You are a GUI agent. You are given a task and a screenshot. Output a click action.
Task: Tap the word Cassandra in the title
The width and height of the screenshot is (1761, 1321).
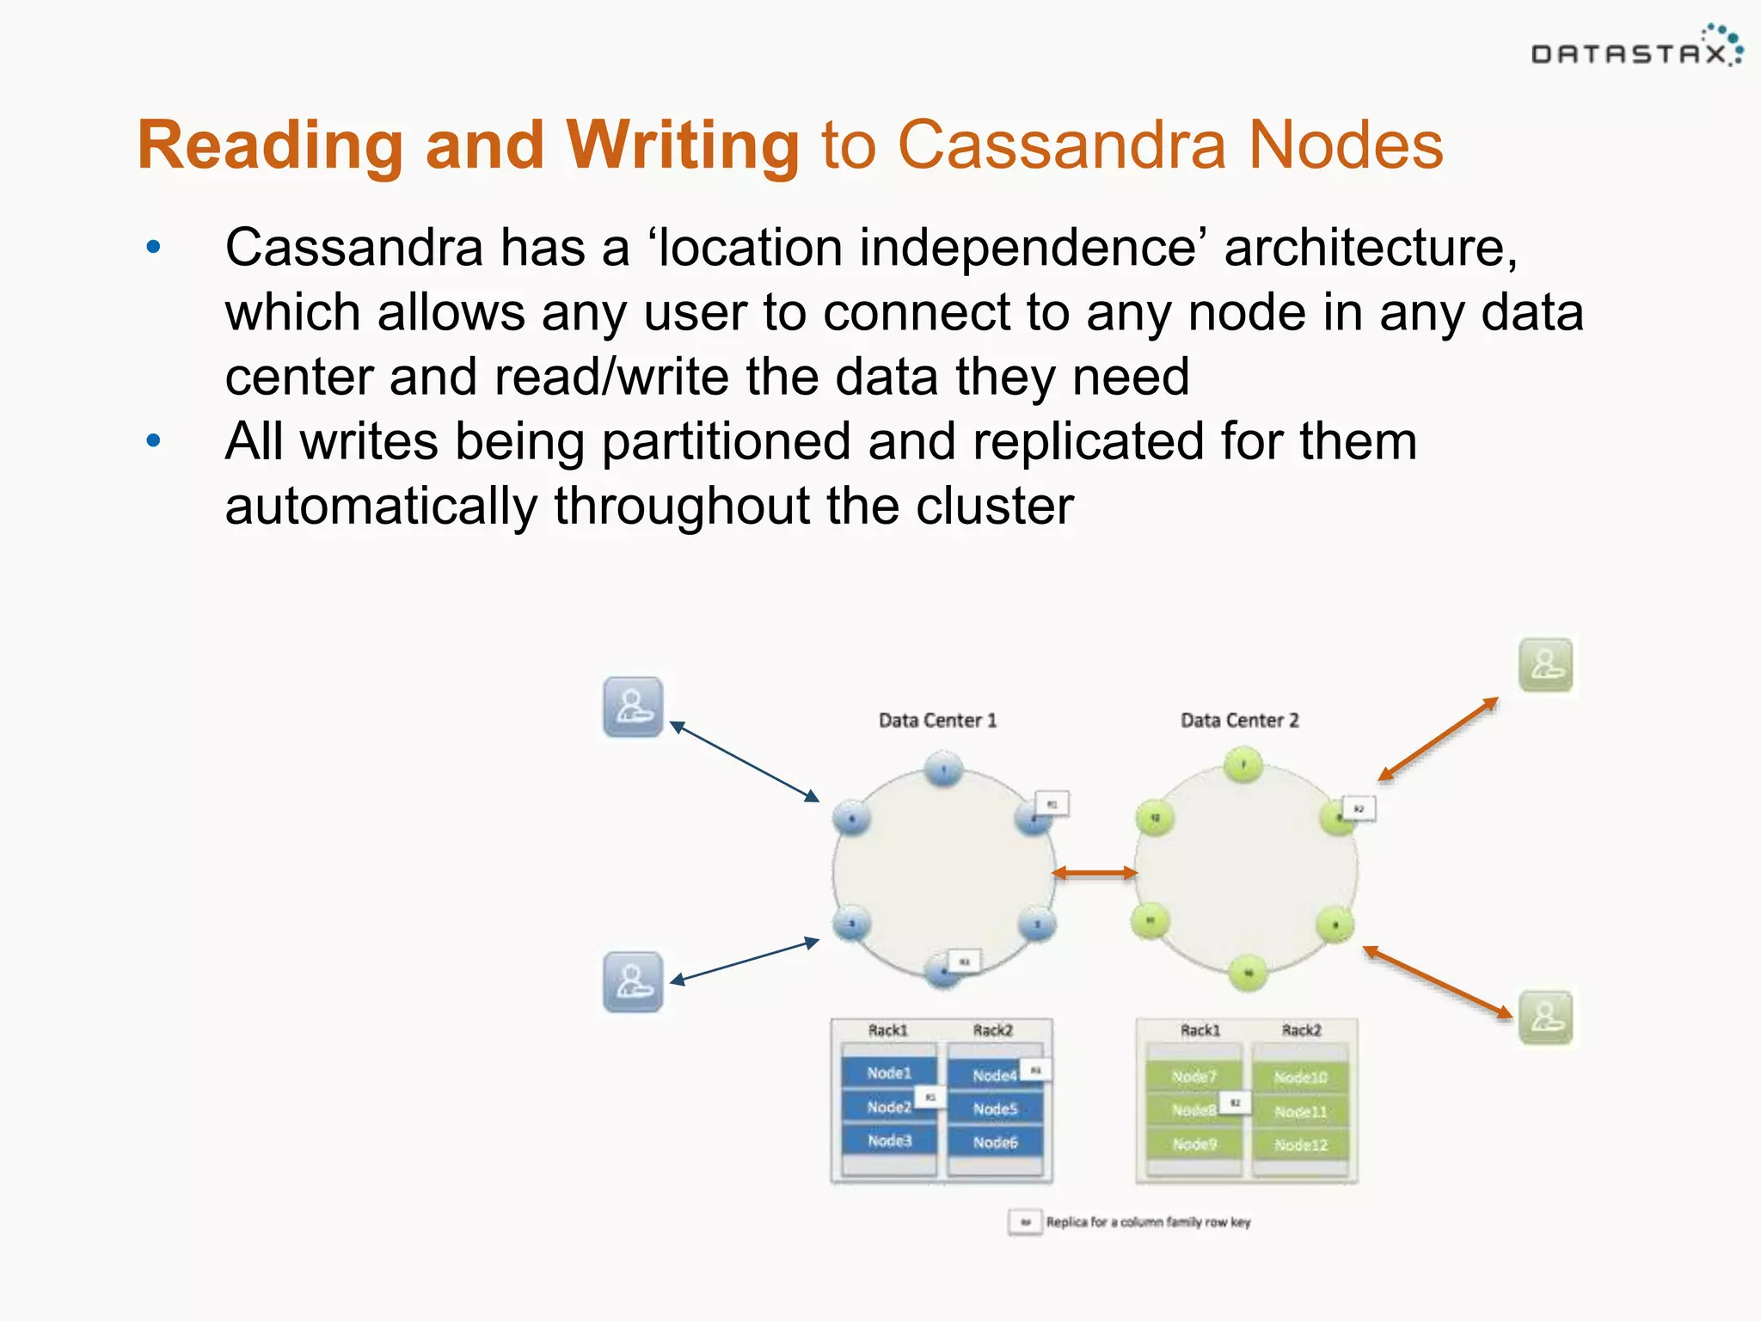tap(1061, 145)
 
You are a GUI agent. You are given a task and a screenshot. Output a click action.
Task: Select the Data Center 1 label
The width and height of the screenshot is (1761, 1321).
tap(937, 721)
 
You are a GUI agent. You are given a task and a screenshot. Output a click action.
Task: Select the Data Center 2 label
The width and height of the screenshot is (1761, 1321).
tap(1239, 721)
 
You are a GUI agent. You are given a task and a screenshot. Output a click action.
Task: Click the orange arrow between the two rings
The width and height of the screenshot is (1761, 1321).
tap(1095, 873)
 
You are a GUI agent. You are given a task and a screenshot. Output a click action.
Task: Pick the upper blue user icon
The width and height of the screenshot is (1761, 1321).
tap(633, 707)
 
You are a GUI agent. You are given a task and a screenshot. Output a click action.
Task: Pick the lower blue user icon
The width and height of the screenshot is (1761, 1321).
tap(633, 981)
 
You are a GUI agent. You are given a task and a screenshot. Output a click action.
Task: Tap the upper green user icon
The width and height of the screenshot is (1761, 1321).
tap(1545, 665)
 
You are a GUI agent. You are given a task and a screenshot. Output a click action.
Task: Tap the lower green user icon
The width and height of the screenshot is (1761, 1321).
tap(1545, 1017)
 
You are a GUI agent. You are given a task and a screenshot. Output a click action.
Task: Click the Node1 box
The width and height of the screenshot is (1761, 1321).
tap(888, 1072)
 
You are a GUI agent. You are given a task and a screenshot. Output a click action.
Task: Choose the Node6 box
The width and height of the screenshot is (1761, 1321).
tap(995, 1142)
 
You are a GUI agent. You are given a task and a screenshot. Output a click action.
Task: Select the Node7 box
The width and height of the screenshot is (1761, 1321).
tap(1193, 1077)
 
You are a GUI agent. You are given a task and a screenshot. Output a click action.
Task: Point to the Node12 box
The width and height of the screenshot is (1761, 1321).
tap(1300, 1145)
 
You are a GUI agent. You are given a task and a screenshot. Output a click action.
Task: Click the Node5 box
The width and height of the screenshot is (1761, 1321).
tap(995, 1109)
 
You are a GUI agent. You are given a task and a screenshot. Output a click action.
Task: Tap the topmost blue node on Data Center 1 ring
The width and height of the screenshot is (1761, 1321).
tap(944, 769)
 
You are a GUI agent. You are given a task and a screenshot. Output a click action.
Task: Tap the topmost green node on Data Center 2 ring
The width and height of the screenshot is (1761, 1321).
tap(1243, 765)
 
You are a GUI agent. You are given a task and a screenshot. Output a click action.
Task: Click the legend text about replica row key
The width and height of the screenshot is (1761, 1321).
tap(1148, 1222)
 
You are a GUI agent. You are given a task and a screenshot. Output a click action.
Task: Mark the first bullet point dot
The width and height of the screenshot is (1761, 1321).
tap(154, 248)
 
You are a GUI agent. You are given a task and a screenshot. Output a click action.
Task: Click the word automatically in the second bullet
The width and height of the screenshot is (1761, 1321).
tap(380, 506)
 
